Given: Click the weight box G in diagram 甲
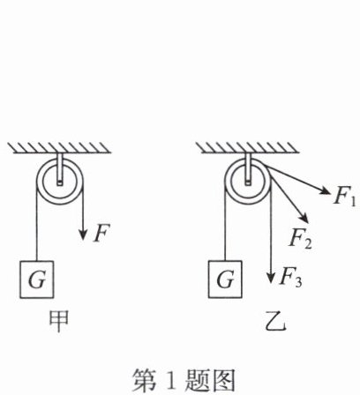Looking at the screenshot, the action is pos(37,279).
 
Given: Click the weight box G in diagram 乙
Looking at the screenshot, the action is pos(225,279).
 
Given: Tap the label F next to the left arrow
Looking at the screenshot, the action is pos(101,233).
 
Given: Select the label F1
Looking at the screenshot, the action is pos(345,197).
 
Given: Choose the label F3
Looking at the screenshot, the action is pos(290,277).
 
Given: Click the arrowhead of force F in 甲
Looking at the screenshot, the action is pos(83,235).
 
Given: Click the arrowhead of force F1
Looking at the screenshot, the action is pos(325,190).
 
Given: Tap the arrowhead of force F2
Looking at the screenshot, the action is pos(304,218).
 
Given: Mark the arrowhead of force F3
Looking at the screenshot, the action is pos(271,277).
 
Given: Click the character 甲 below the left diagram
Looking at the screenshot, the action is pos(59,321).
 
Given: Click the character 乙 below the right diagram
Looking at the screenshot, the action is pos(275,322).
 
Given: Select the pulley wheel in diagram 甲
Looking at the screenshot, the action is pos(60,181).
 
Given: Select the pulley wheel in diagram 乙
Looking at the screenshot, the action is pos(248,181).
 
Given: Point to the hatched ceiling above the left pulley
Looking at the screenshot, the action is pos(59,148).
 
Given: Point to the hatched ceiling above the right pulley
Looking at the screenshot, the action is pos(248,148).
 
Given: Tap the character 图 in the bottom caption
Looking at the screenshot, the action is pos(224,380).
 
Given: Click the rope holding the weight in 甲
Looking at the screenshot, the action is pos(37,221).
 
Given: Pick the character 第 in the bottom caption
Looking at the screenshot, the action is pos(144,380).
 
